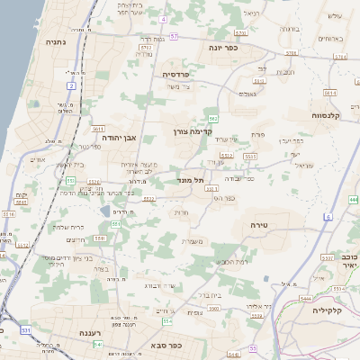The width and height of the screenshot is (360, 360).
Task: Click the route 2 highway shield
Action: (71, 85)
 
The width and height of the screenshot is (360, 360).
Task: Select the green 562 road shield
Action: (212, 119)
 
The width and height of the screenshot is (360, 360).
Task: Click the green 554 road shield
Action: (166, 321)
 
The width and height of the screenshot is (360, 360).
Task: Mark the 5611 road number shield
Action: (98, 130)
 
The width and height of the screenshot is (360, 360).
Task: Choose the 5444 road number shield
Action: (306, 298)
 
